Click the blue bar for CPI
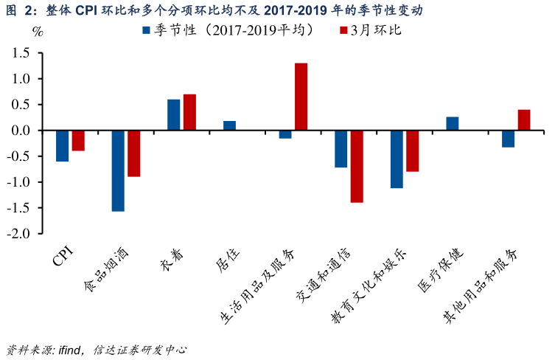click(62, 146)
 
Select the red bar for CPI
click(78, 141)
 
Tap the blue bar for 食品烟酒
click(118, 170)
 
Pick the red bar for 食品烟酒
click(133, 153)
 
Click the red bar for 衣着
click(189, 112)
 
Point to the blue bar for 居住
click(229, 125)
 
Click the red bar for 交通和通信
click(357, 166)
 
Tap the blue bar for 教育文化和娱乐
click(397, 159)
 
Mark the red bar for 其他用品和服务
click(524, 120)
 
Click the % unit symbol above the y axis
click(38, 32)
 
